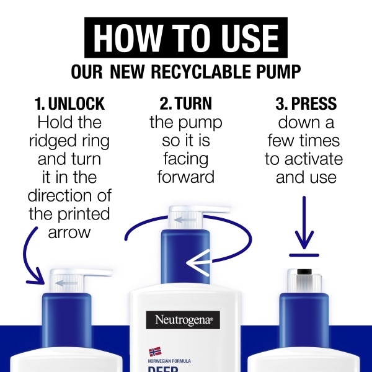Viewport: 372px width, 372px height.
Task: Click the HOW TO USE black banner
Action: pos(186,37)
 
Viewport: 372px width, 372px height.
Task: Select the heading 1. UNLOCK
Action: pos(69,104)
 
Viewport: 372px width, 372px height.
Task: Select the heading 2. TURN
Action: pos(186,104)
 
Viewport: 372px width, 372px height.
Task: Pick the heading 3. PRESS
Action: pos(306,104)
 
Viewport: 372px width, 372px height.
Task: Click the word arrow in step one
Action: pos(69,232)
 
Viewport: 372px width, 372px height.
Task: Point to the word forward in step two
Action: pos(186,177)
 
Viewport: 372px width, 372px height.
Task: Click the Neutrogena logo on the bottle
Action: pos(183,320)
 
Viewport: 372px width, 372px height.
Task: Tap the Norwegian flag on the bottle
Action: pos(155,352)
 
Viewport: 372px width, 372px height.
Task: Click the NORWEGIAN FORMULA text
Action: pos(169,361)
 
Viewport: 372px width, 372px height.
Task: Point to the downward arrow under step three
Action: pos(304,223)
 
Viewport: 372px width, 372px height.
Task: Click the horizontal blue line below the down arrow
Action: pos(304,255)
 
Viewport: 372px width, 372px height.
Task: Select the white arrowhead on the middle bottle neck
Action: pos(198,263)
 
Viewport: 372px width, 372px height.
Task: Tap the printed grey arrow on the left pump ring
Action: pos(66,283)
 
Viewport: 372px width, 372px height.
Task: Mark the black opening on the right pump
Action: pos(304,272)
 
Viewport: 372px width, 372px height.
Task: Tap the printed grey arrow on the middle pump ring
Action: pos(186,220)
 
